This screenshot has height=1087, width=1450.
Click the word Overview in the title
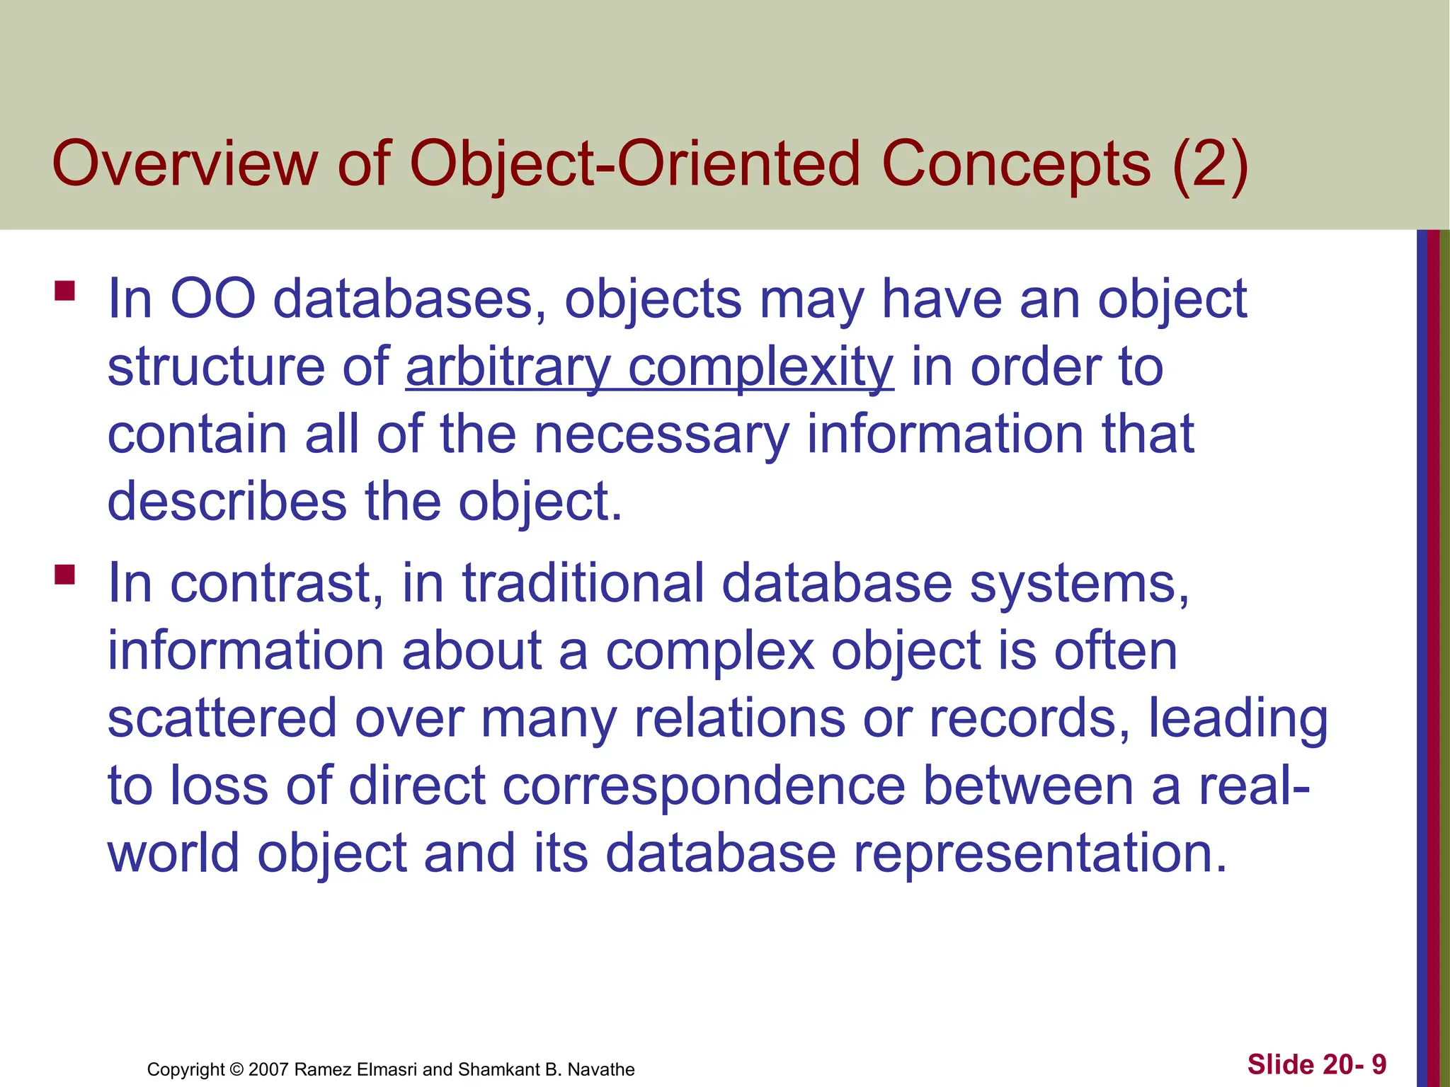tap(185, 164)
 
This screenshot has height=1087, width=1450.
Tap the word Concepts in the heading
tap(1016, 164)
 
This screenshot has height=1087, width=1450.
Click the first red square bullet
tap(64, 292)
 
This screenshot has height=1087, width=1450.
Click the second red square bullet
tap(64, 574)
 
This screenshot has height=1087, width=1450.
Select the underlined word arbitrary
tap(508, 368)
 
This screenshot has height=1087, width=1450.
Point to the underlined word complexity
tap(761, 368)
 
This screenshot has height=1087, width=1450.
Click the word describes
tap(227, 502)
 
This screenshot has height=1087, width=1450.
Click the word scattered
tap(222, 718)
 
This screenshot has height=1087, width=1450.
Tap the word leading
tap(1237, 718)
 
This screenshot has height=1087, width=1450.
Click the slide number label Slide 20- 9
tap(1316, 1064)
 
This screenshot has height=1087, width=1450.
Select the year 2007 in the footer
tap(268, 1069)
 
